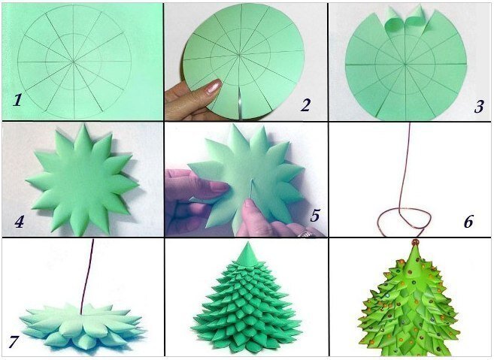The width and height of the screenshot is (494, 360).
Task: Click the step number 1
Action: click(x=17, y=101)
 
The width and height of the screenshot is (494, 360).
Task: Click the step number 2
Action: click(x=305, y=105)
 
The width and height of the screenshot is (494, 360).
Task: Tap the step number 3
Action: click(x=478, y=106)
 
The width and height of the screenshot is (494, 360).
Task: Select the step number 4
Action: click(x=19, y=222)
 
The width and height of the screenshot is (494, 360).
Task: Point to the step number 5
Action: click(x=315, y=216)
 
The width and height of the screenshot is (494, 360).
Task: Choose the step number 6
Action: click(x=468, y=222)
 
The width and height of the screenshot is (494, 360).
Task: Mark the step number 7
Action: click(x=14, y=342)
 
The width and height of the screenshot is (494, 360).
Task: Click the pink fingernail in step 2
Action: click(x=214, y=86)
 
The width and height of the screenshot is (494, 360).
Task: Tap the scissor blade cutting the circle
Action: click(x=239, y=104)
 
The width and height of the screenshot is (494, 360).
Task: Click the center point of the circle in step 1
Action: click(x=74, y=62)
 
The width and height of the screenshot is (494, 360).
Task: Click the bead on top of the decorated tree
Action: click(x=415, y=242)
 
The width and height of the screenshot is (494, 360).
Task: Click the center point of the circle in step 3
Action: click(x=405, y=65)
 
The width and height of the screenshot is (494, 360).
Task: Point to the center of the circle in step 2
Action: click(x=239, y=56)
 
